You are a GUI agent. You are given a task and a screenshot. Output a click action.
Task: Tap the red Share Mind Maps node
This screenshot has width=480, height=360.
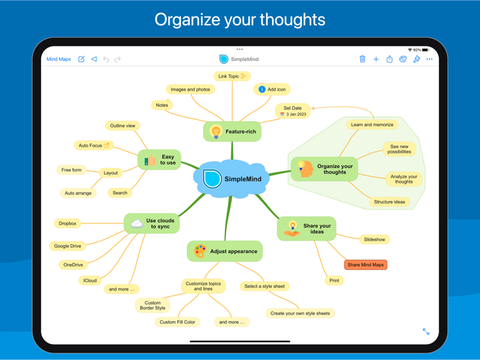[x=365, y=265]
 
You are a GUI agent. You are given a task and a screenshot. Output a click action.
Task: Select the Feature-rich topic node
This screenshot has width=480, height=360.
[x=232, y=132]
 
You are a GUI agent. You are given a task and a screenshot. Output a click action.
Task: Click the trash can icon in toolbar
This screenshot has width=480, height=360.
[x=362, y=60]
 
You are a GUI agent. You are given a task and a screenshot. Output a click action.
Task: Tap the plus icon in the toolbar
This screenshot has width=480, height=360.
[x=376, y=60]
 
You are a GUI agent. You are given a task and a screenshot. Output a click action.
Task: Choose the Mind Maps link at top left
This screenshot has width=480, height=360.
[x=58, y=60]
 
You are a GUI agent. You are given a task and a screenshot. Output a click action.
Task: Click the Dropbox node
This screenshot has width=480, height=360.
[x=67, y=224]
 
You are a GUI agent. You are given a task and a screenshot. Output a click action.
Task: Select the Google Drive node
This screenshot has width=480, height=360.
[x=67, y=246]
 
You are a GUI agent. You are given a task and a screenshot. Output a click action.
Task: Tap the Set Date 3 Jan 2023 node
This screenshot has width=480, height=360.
[x=292, y=110]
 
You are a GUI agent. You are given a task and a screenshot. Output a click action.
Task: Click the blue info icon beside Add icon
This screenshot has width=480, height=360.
[x=262, y=89]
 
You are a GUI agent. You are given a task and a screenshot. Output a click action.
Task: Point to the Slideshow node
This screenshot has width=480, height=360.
[x=374, y=239]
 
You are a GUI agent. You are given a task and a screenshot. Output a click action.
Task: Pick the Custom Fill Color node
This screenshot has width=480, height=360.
[x=177, y=322]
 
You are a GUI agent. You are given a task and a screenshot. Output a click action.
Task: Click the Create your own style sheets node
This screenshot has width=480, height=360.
[x=300, y=313]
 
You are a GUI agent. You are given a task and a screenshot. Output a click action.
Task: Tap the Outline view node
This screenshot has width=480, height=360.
[x=123, y=125]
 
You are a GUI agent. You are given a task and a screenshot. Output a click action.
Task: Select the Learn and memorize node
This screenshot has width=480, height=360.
[x=372, y=125]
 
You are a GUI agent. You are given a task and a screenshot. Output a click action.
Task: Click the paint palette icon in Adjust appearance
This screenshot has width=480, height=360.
[x=200, y=252]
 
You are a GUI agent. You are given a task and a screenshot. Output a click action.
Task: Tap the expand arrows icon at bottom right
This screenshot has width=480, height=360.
[x=426, y=332]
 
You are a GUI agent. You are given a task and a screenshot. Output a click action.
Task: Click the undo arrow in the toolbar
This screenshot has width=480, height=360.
[x=106, y=60]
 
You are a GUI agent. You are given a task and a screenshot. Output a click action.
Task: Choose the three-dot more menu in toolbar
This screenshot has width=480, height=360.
[x=430, y=60]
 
